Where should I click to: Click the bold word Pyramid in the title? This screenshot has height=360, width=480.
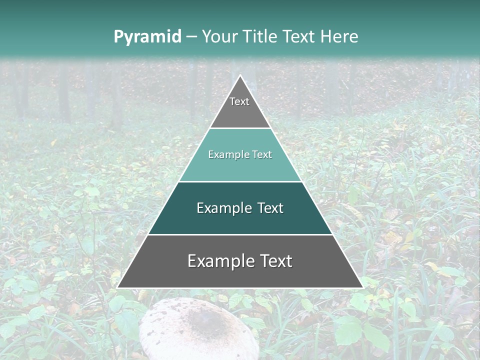coord(147,37)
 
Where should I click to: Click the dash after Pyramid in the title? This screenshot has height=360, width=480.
coord(191,37)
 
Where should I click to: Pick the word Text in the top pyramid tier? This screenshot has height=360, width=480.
coord(239,101)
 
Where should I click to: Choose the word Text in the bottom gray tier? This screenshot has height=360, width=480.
coord(275,261)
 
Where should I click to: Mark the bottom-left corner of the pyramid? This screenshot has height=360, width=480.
coord(117,288)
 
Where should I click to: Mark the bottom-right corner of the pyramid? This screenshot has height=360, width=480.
coord(363,288)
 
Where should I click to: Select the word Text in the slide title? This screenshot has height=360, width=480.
coord(300,36)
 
